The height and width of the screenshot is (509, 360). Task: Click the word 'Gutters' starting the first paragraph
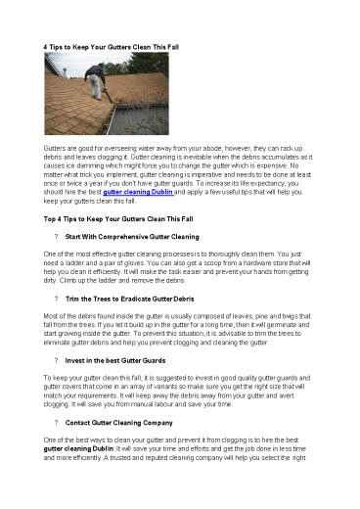point(55,144)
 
